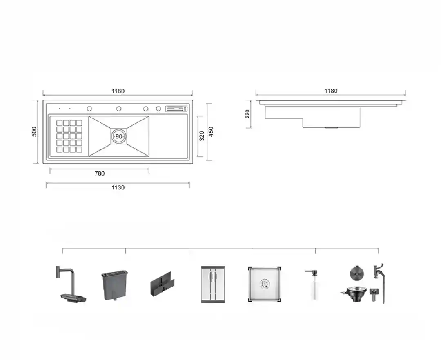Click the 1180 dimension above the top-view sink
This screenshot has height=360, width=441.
point(118,91)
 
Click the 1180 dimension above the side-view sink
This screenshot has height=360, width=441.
point(331,91)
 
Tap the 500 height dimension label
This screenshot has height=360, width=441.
point(34,132)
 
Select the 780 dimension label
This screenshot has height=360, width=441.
point(100,173)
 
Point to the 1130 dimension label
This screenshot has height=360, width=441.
point(118,187)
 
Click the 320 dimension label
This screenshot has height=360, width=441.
point(202,136)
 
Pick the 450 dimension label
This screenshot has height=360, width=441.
point(211,131)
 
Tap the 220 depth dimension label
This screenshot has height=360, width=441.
point(247,114)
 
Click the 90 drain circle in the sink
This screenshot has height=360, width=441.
point(119,136)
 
